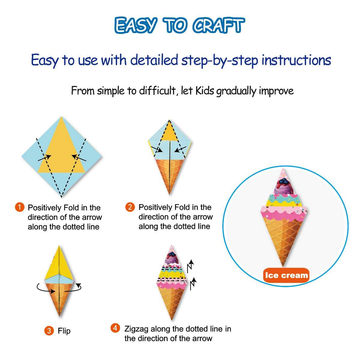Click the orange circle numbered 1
click(19, 207)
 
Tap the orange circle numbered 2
click(130, 207)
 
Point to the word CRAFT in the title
click(219, 25)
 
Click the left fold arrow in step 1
click(44, 158)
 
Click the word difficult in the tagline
click(157, 91)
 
